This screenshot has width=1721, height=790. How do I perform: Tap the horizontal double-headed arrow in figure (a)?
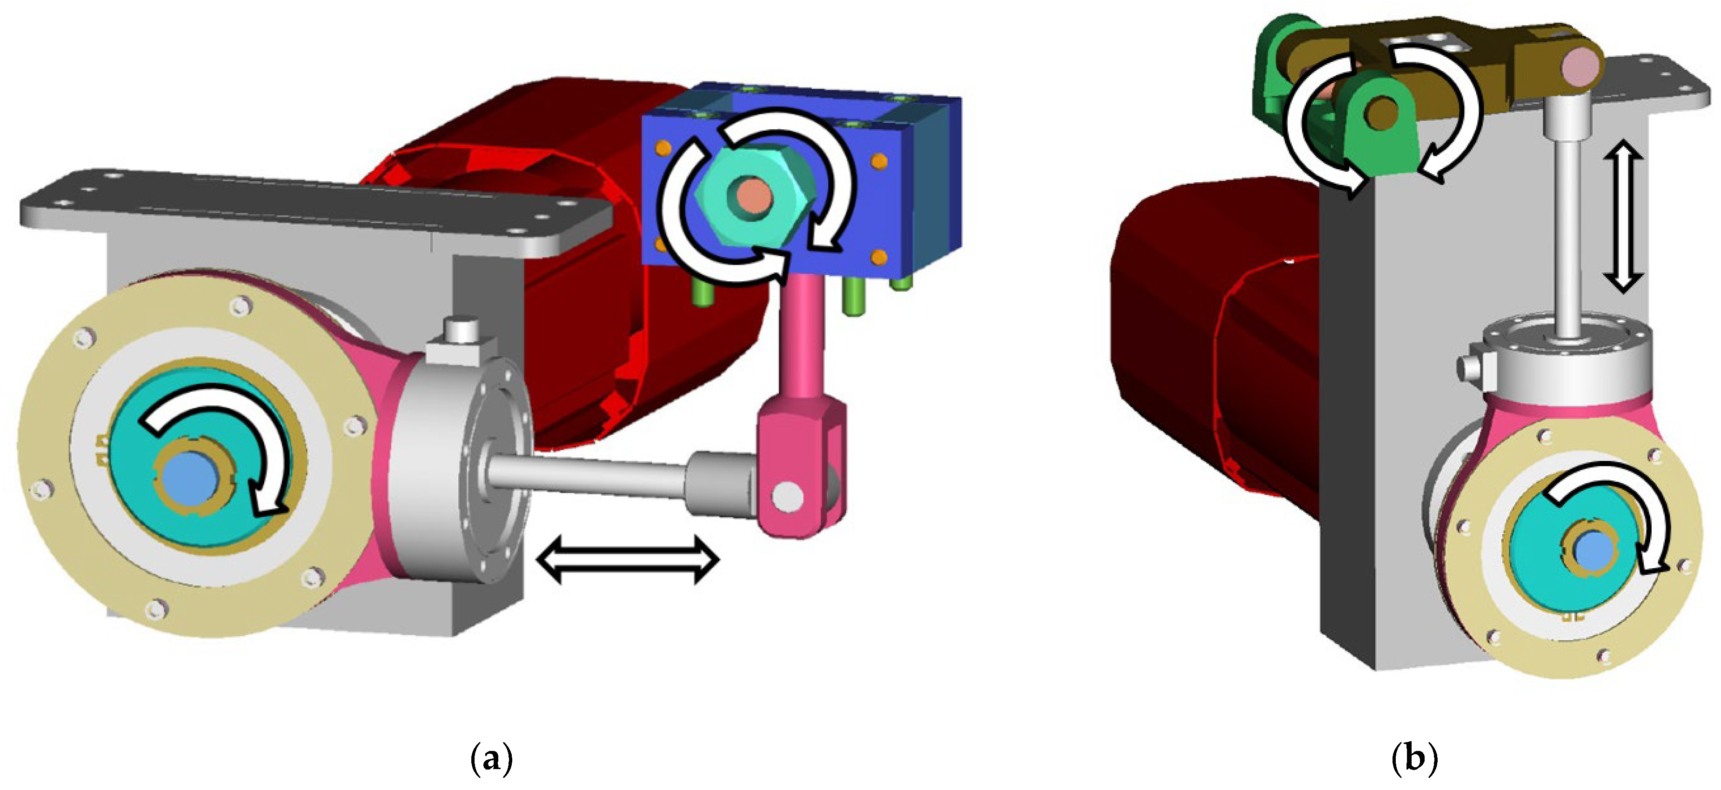628,560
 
